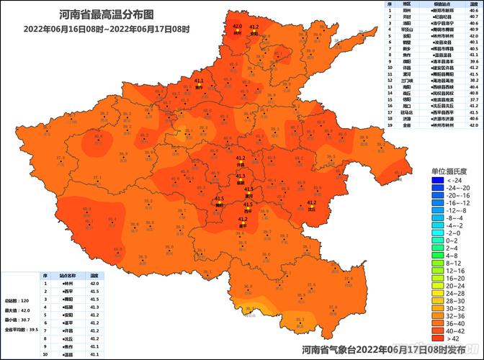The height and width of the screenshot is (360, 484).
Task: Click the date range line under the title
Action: (x=106, y=29)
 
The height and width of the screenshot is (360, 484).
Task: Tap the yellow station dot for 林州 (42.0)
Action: (x=237, y=33)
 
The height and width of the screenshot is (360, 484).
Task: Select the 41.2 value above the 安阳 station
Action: (x=254, y=27)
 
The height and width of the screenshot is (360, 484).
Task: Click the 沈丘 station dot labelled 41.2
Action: (x=311, y=209)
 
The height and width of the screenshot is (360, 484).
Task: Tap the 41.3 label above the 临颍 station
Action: (x=241, y=176)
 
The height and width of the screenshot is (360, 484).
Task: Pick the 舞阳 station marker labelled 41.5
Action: (x=219, y=204)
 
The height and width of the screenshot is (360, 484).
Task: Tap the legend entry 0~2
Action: (x=455, y=240)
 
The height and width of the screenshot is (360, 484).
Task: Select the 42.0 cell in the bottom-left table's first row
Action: (x=94, y=284)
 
